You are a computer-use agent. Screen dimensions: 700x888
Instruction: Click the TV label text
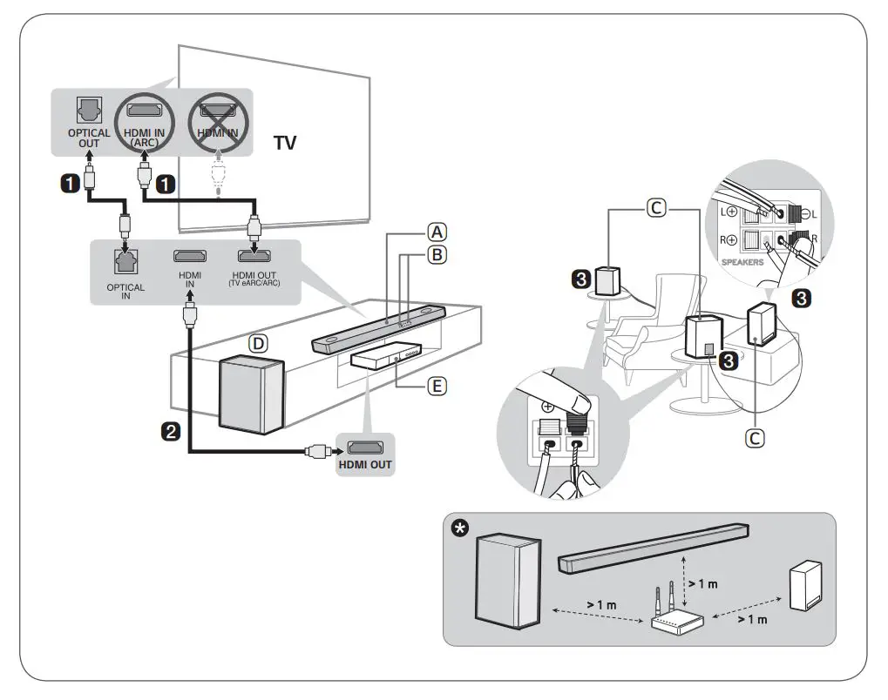point(285,143)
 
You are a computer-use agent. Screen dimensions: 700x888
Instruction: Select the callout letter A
point(436,232)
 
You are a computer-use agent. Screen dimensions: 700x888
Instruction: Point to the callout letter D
point(259,344)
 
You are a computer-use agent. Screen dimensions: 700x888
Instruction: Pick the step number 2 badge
point(173,430)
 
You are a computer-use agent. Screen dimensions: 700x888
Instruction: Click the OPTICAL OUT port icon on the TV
point(90,111)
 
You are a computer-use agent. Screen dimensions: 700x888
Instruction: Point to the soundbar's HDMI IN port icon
point(190,256)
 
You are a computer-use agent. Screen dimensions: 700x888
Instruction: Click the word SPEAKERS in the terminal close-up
point(742,261)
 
